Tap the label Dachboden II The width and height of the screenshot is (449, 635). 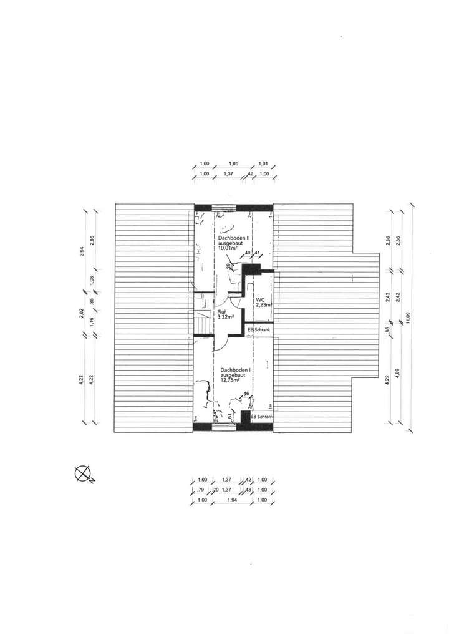[233, 238]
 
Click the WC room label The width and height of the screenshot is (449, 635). [260, 299]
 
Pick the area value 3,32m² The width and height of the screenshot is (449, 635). [225, 317]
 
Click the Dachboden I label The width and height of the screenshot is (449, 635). [235, 370]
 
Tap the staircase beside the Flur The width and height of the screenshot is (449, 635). [201, 324]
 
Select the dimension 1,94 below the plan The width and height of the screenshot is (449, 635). [233, 500]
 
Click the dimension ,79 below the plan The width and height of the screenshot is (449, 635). [201, 490]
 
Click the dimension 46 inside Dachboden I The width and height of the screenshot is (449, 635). [246, 394]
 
